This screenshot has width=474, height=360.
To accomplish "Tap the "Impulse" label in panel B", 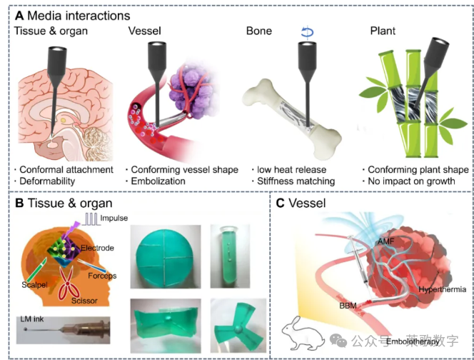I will (x=113, y=219).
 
